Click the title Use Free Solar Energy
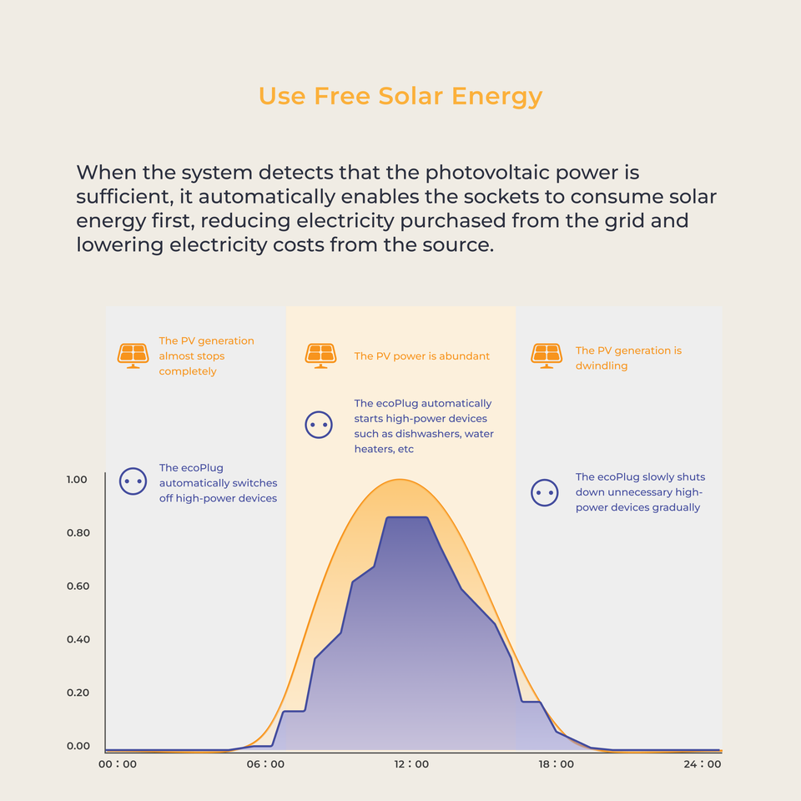tap(400, 96)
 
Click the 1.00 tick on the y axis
tap(77, 480)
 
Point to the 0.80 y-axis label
tap(77, 533)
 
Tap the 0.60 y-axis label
tap(77, 587)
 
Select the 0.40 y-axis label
tap(77, 640)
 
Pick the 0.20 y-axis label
tap(77, 693)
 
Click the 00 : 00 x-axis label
tap(118, 764)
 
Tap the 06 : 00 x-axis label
tap(264, 764)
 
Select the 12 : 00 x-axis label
tap(411, 764)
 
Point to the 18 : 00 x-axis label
tap(556, 764)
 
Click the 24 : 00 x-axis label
tap(702, 764)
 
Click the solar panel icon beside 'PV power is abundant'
tap(320, 355)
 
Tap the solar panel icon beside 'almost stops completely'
tap(133, 355)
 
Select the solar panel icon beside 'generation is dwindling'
tap(547, 355)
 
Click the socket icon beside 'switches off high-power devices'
tap(133, 481)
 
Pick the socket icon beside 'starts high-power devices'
tap(319, 425)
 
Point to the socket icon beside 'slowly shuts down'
tap(544, 492)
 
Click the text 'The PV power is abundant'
tap(421, 356)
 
